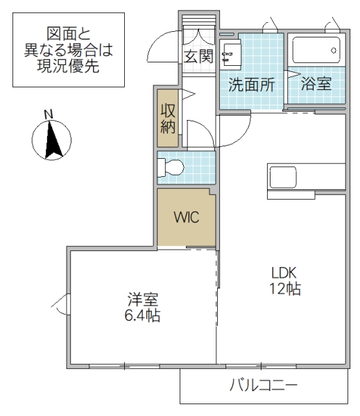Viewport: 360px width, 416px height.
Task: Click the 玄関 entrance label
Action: (198, 56)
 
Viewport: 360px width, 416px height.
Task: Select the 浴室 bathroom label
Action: (316, 83)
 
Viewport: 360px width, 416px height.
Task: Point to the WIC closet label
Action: (186, 217)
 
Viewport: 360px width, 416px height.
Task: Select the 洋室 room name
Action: (143, 300)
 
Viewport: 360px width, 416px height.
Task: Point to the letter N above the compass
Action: (48, 113)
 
